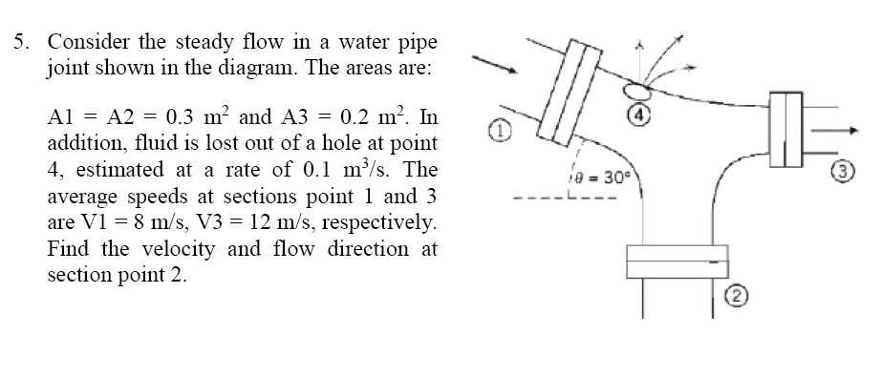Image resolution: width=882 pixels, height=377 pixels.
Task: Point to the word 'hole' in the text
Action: [x=340, y=145]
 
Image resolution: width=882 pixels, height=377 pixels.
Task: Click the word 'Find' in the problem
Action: [x=70, y=250]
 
